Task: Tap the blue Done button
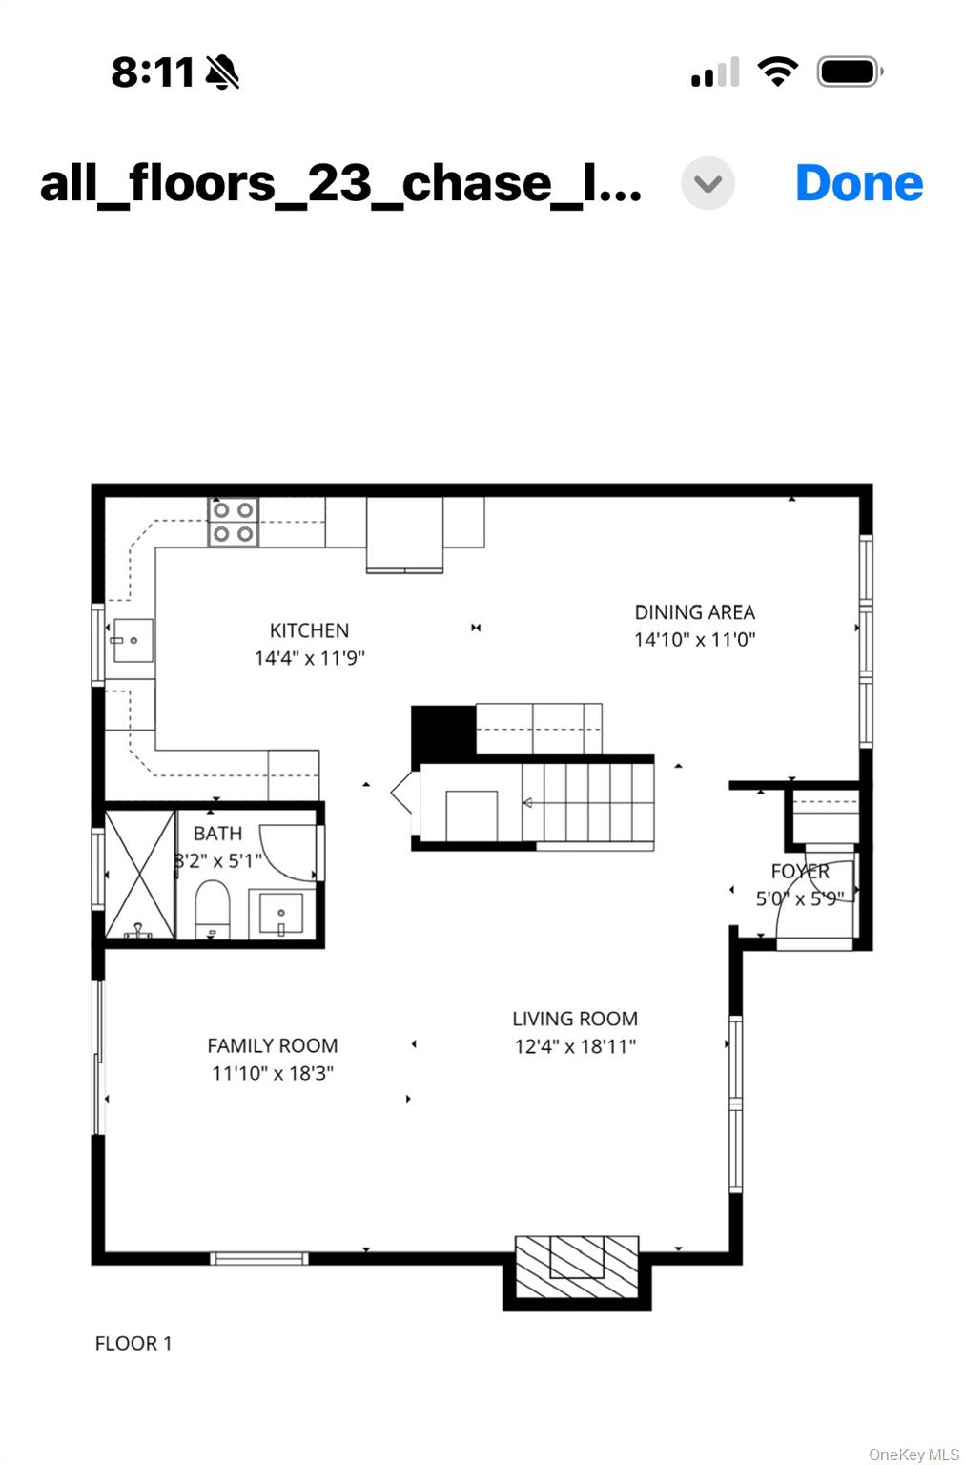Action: point(859,184)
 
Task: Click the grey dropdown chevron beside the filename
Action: point(708,184)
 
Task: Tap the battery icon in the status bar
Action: point(850,72)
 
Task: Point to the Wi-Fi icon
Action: point(777,72)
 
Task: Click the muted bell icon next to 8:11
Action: point(222,72)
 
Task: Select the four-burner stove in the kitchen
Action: point(234,522)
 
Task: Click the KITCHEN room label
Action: point(309,630)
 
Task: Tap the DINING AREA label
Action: point(694,612)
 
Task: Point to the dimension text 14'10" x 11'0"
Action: point(694,640)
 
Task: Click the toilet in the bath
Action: point(213,908)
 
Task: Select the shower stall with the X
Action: point(140,874)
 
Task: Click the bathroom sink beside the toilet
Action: point(281,914)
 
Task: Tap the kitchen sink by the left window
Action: point(133,640)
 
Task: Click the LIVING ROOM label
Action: point(575,1019)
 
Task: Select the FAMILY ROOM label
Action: point(272,1045)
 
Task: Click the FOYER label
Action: point(800,871)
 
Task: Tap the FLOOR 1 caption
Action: point(133,1343)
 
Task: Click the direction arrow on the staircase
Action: point(527,802)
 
